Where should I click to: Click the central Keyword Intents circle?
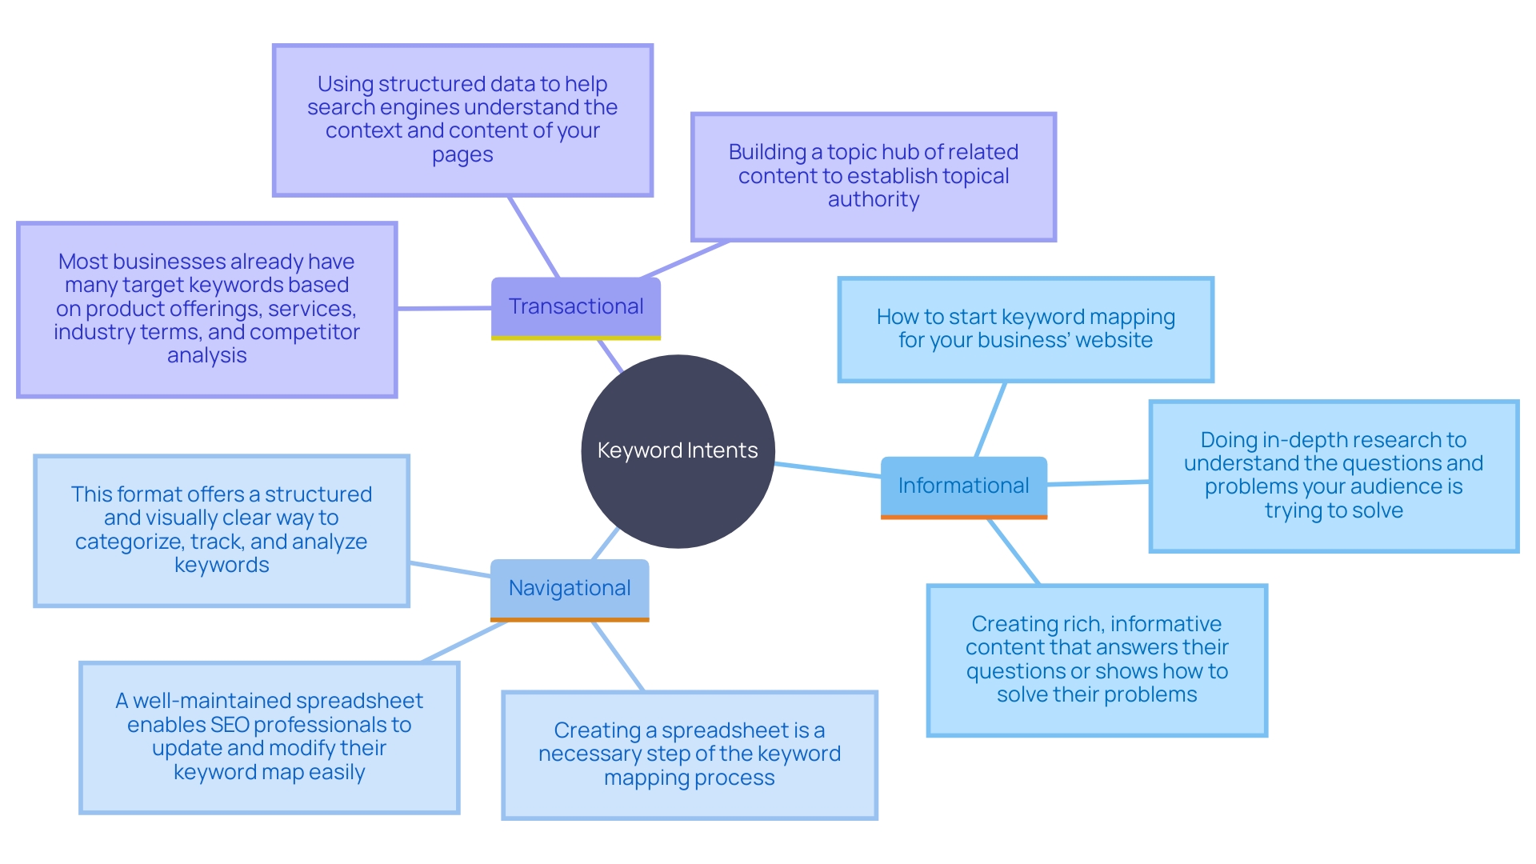pos(678,450)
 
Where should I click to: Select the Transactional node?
pos(575,306)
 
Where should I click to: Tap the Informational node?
pos(963,486)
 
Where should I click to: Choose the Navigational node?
pos(569,588)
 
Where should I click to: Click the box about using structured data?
pos(462,120)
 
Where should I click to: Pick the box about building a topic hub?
pos(873,176)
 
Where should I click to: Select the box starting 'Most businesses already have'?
pos(206,309)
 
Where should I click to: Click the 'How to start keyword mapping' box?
pos(1025,329)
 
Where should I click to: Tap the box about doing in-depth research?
pos(1333,475)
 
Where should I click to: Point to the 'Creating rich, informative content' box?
pos(1096,659)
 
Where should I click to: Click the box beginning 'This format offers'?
pos(221,530)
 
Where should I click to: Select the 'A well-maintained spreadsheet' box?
pos(269,737)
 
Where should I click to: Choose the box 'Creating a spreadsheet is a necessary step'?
pos(689,754)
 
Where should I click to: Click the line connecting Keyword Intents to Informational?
pos(828,470)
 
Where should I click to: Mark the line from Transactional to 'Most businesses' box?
pos(444,308)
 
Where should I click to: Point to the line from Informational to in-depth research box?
pos(1098,482)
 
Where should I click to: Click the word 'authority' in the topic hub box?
pos(873,199)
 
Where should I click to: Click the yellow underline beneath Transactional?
pos(575,338)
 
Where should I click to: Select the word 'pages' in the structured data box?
pos(462,154)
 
